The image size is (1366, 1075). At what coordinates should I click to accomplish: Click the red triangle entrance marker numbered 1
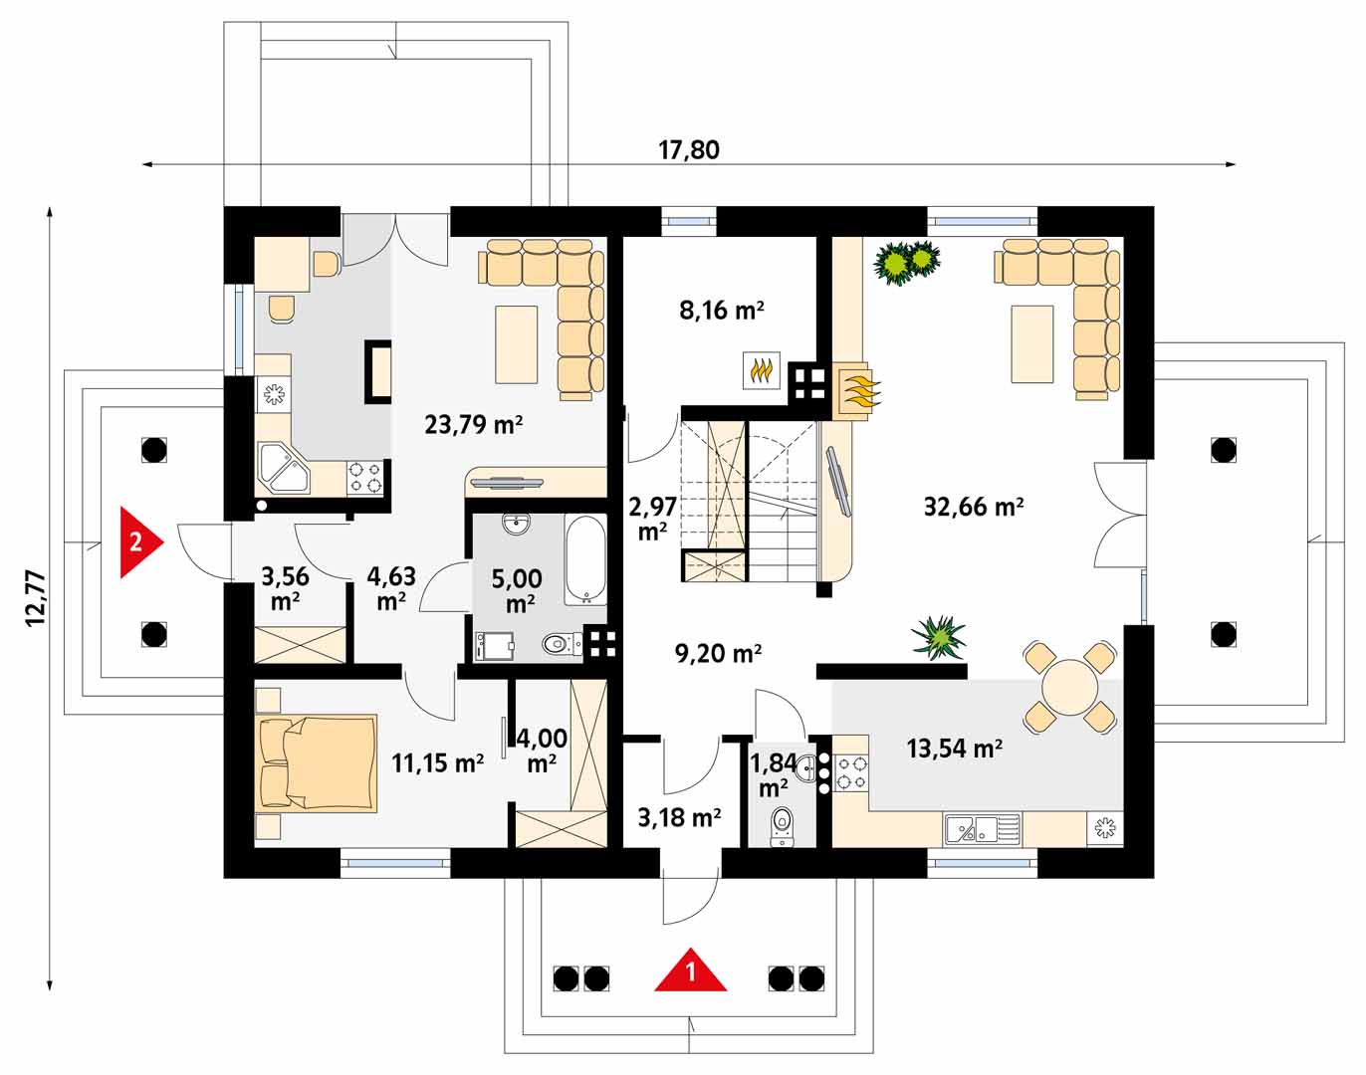[691, 970]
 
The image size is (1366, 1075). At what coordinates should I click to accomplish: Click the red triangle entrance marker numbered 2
[141, 542]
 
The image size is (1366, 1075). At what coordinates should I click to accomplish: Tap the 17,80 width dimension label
[689, 150]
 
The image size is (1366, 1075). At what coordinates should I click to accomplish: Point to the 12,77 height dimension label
[36, 598]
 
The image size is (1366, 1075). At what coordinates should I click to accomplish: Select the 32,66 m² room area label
[973, 507]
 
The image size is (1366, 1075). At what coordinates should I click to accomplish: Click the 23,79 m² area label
[474, 424]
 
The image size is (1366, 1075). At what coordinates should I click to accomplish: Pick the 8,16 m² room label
[721, 311]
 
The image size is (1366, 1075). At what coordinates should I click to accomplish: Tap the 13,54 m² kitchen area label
[954, 749]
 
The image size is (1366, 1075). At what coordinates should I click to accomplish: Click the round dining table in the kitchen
[1070, 687]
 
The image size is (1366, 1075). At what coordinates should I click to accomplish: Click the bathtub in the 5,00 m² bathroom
[585, 559]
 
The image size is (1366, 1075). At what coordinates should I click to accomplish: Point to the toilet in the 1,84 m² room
[782, 826]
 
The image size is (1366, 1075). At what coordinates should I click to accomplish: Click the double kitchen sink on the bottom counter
[982, 829]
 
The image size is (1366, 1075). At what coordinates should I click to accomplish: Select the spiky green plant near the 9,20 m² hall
[939, 637]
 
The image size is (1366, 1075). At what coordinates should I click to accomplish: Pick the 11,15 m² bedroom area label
[437, 762]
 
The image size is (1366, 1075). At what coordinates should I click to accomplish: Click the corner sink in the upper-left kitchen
[284, 469]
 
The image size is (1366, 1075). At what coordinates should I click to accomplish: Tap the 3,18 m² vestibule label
[679, 817]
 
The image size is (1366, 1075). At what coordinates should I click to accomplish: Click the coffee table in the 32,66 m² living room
[1031, 344]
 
